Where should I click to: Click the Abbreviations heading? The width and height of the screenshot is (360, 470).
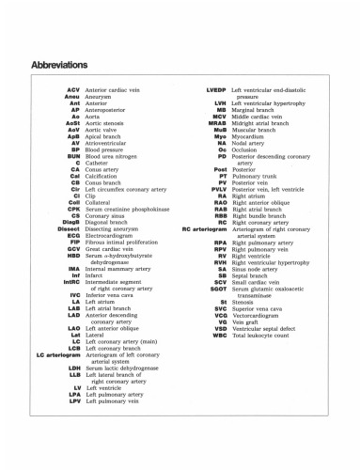(x=60, y=66)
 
